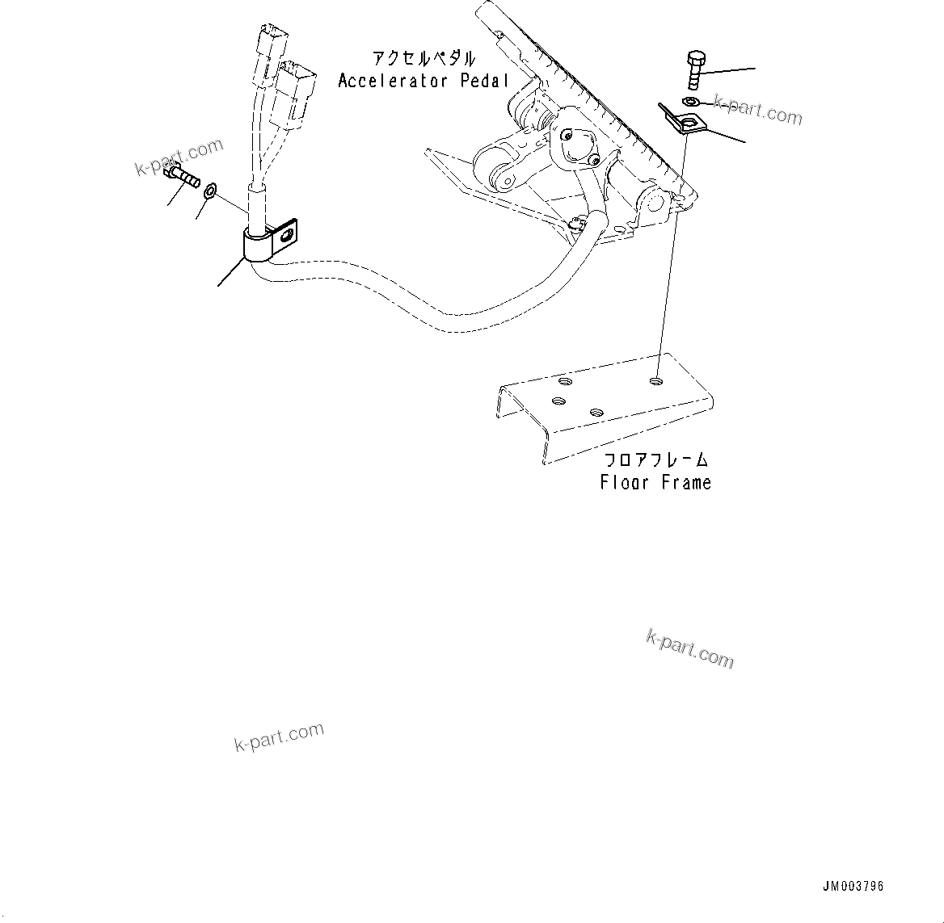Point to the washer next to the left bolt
pos(210,191)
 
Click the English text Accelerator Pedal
pos(424,81)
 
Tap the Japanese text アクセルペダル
pos(423,59)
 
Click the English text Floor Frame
pos(655,483)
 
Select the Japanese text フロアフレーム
pos(656,461)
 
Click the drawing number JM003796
pos(853,886)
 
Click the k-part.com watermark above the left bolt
pos(179,157)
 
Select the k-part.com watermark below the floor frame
pos(689,649)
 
